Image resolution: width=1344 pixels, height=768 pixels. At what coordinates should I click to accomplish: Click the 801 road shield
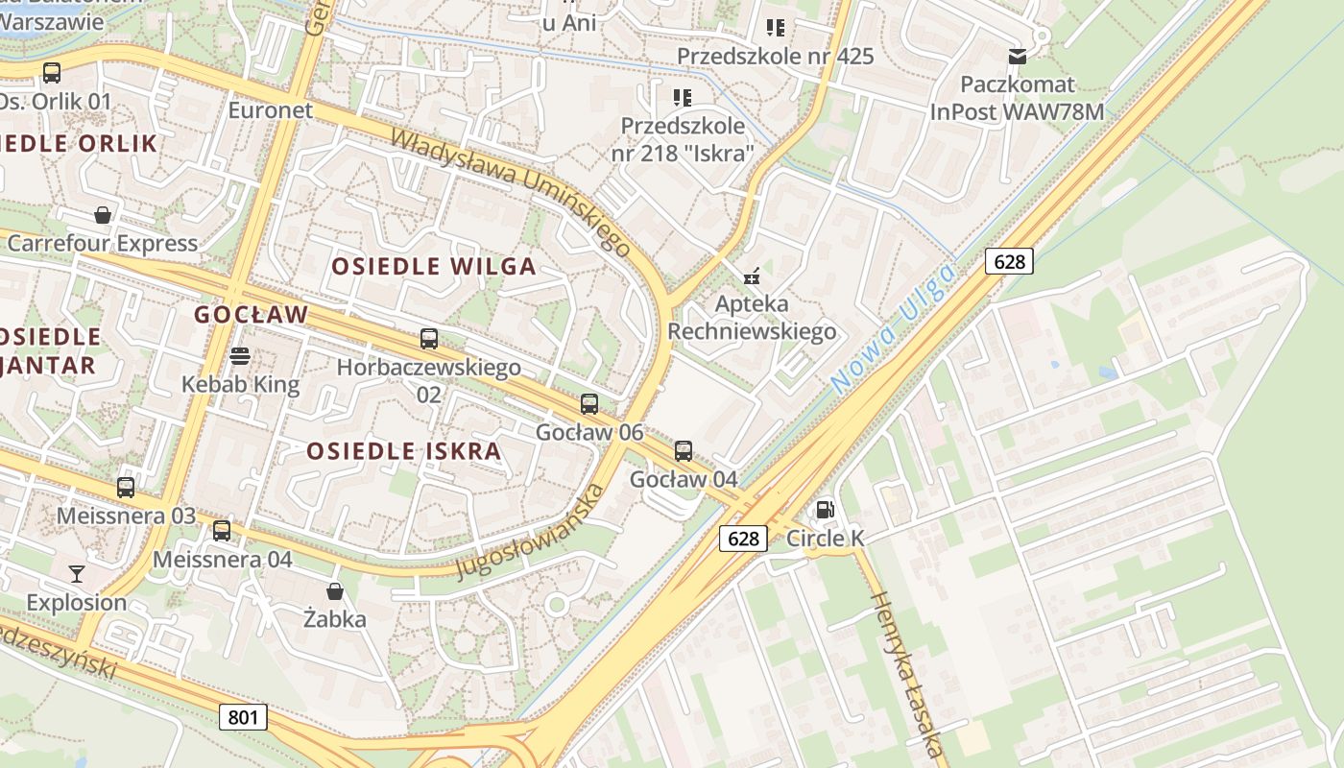(243, 717)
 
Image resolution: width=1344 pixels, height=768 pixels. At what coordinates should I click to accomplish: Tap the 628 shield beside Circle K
(744, 539)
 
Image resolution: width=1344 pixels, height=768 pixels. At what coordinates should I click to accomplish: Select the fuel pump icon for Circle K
(825, 510)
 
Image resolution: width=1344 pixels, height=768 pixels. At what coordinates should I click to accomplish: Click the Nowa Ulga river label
(895, 328)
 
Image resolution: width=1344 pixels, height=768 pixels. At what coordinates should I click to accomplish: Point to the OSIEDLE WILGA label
(434, 267)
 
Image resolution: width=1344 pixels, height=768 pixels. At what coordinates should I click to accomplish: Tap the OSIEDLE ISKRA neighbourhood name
(404, 451)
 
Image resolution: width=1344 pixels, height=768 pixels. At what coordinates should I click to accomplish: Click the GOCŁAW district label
(252, 315)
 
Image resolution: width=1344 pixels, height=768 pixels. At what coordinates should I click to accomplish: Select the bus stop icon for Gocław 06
(589, 404)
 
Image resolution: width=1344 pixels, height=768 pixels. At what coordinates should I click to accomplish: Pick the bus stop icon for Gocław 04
(684, 450)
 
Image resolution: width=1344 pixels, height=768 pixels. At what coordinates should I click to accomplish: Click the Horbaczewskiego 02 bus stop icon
(429, 338)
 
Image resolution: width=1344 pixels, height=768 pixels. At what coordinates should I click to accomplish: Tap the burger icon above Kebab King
(240, 356)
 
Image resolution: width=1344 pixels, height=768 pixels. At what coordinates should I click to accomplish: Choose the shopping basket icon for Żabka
(335, 590)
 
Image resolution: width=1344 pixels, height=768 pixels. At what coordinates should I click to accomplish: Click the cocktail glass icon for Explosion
(77, 574)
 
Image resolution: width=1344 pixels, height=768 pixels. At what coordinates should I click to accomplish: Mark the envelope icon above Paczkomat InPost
(1017, 56)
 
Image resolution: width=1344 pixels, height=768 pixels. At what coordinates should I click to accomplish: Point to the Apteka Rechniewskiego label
(752, 318)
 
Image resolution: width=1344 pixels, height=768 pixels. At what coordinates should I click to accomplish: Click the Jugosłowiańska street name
(531, 532)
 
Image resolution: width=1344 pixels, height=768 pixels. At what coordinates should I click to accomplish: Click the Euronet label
(271, 109)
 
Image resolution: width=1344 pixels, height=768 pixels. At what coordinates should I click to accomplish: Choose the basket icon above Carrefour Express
(103, 214)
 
